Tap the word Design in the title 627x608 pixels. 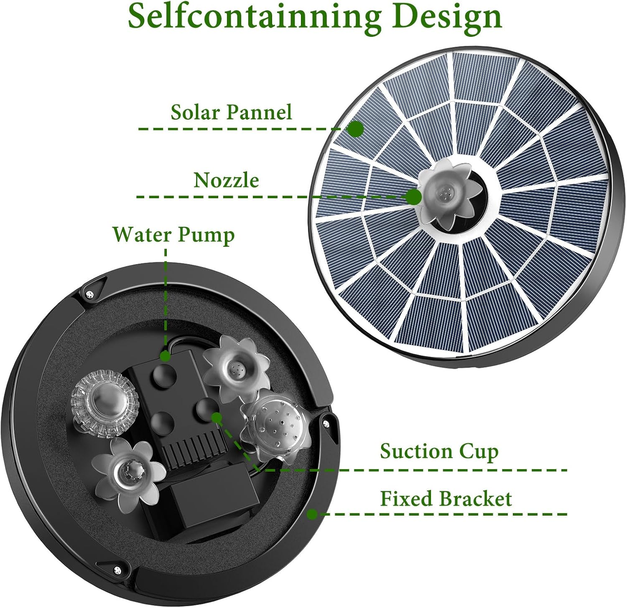[448, 17]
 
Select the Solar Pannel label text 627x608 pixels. [231, 112]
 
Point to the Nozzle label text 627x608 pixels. [226, 180]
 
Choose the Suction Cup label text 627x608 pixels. [439, 452]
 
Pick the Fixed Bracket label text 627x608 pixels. [446, 499]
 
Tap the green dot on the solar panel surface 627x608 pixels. [356, 129]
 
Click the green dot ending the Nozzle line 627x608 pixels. [414, 197]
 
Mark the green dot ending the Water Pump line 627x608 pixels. [166, 356]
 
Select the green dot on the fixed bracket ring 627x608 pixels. [312, 514]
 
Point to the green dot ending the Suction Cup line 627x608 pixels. [217, 417]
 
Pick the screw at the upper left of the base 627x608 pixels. [89, 294]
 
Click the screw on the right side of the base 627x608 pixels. [325, 424]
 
